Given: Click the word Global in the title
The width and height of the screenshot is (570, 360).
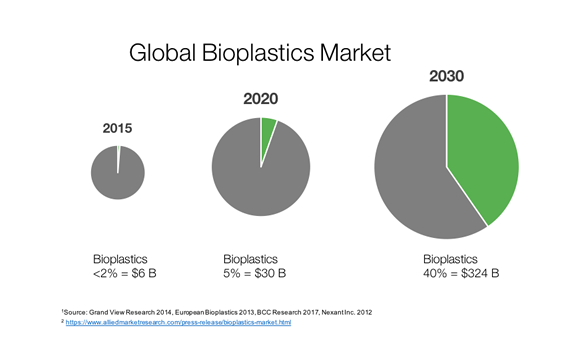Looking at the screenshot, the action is (162, 52).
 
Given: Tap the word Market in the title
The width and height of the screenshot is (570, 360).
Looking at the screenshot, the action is (356, 52).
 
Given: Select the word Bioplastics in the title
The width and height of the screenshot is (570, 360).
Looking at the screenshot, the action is (258, 53).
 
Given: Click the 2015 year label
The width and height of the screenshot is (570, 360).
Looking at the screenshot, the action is (117, 128).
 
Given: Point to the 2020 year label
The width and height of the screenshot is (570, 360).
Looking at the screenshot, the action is (261, 99).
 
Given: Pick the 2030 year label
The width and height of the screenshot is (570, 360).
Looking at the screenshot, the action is (446, 76).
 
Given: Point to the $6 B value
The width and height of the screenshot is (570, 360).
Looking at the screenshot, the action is (144, 273).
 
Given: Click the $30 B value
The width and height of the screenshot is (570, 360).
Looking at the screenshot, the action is (270, 273).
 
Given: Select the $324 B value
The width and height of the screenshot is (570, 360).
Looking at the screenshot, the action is (480, 273).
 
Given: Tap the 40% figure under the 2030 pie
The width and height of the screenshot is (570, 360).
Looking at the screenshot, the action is (435, 273).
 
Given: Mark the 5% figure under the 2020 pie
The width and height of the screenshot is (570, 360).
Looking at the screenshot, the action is (232, 273).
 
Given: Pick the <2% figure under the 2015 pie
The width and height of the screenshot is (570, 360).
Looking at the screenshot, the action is (105, 273).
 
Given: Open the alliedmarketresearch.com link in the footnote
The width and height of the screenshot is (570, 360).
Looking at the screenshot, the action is (178, 323).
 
